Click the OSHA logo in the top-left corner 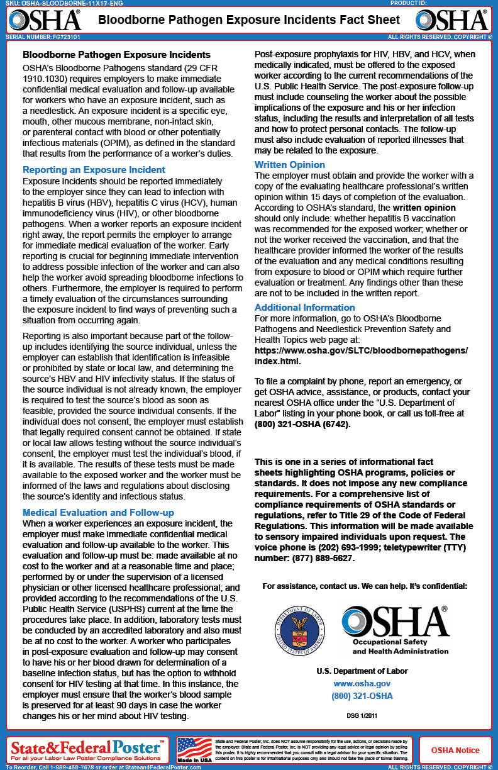point(45,20)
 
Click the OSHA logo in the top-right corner point(453,20)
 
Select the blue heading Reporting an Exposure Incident point(94,170)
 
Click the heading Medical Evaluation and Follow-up point(98,513)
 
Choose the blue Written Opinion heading point(290,165)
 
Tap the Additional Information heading point(304,308)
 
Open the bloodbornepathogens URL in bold point(361,355)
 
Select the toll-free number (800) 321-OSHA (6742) point(302,424)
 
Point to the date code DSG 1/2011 point(362,715)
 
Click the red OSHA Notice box point(455,750)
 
